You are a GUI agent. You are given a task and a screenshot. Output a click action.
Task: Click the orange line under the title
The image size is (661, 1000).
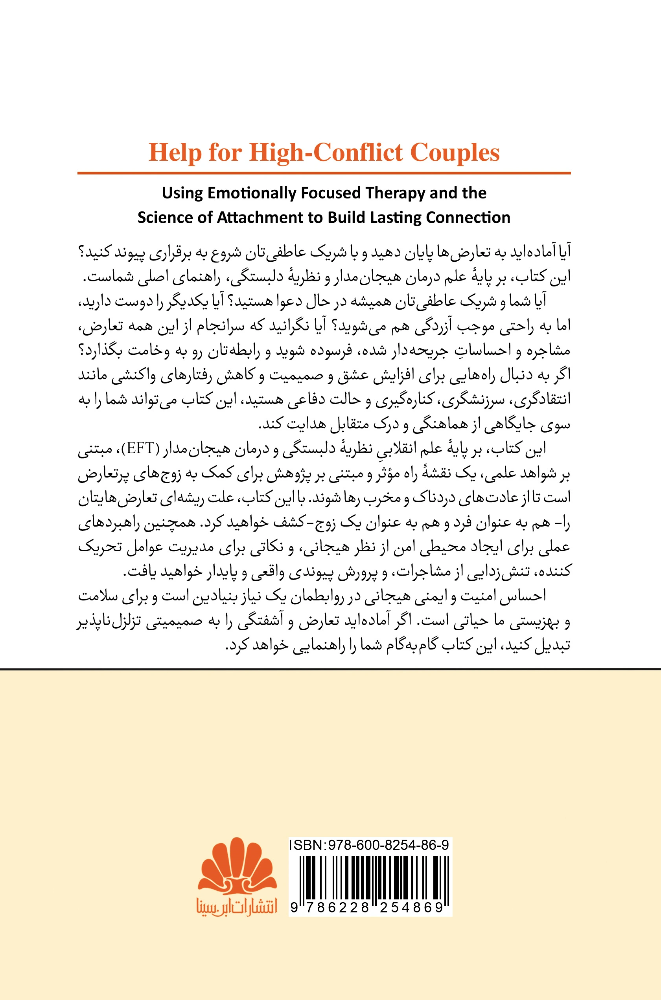click(324, 173)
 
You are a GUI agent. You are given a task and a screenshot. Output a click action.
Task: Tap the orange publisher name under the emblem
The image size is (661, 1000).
click(236, 906)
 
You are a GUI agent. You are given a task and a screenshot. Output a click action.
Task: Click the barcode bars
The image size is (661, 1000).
click(370, 878)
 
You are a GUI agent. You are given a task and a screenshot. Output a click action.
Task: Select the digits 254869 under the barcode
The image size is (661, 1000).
click(411, 907)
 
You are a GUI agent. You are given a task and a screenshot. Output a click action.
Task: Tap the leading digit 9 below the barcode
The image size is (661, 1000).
click(294, 907)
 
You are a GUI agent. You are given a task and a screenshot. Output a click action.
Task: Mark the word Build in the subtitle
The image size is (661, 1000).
click(347, 217)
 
